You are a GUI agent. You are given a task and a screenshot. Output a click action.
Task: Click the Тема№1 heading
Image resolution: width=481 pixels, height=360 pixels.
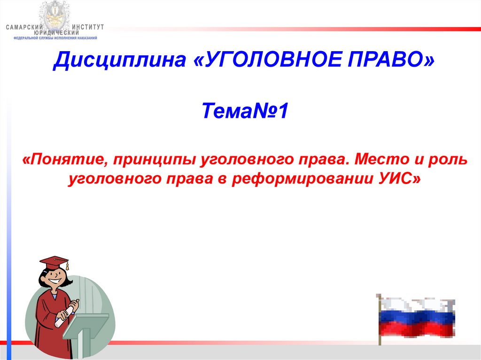click(x=245, y=111)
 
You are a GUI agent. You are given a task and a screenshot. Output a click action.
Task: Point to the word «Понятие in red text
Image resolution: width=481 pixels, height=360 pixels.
click(x=65, y=160)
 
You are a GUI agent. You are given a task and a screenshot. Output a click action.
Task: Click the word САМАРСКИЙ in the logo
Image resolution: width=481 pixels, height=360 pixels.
click(x=24, y=27)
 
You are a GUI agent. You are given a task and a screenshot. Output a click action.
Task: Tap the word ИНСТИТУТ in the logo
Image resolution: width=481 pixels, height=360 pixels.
click(x=88, y=27)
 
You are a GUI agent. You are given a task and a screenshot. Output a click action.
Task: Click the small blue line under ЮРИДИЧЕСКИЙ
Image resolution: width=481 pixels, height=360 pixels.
click(x=55, y=38)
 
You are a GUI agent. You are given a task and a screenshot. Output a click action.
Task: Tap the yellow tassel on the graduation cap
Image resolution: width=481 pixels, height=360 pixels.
click(x=67, y=266)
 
